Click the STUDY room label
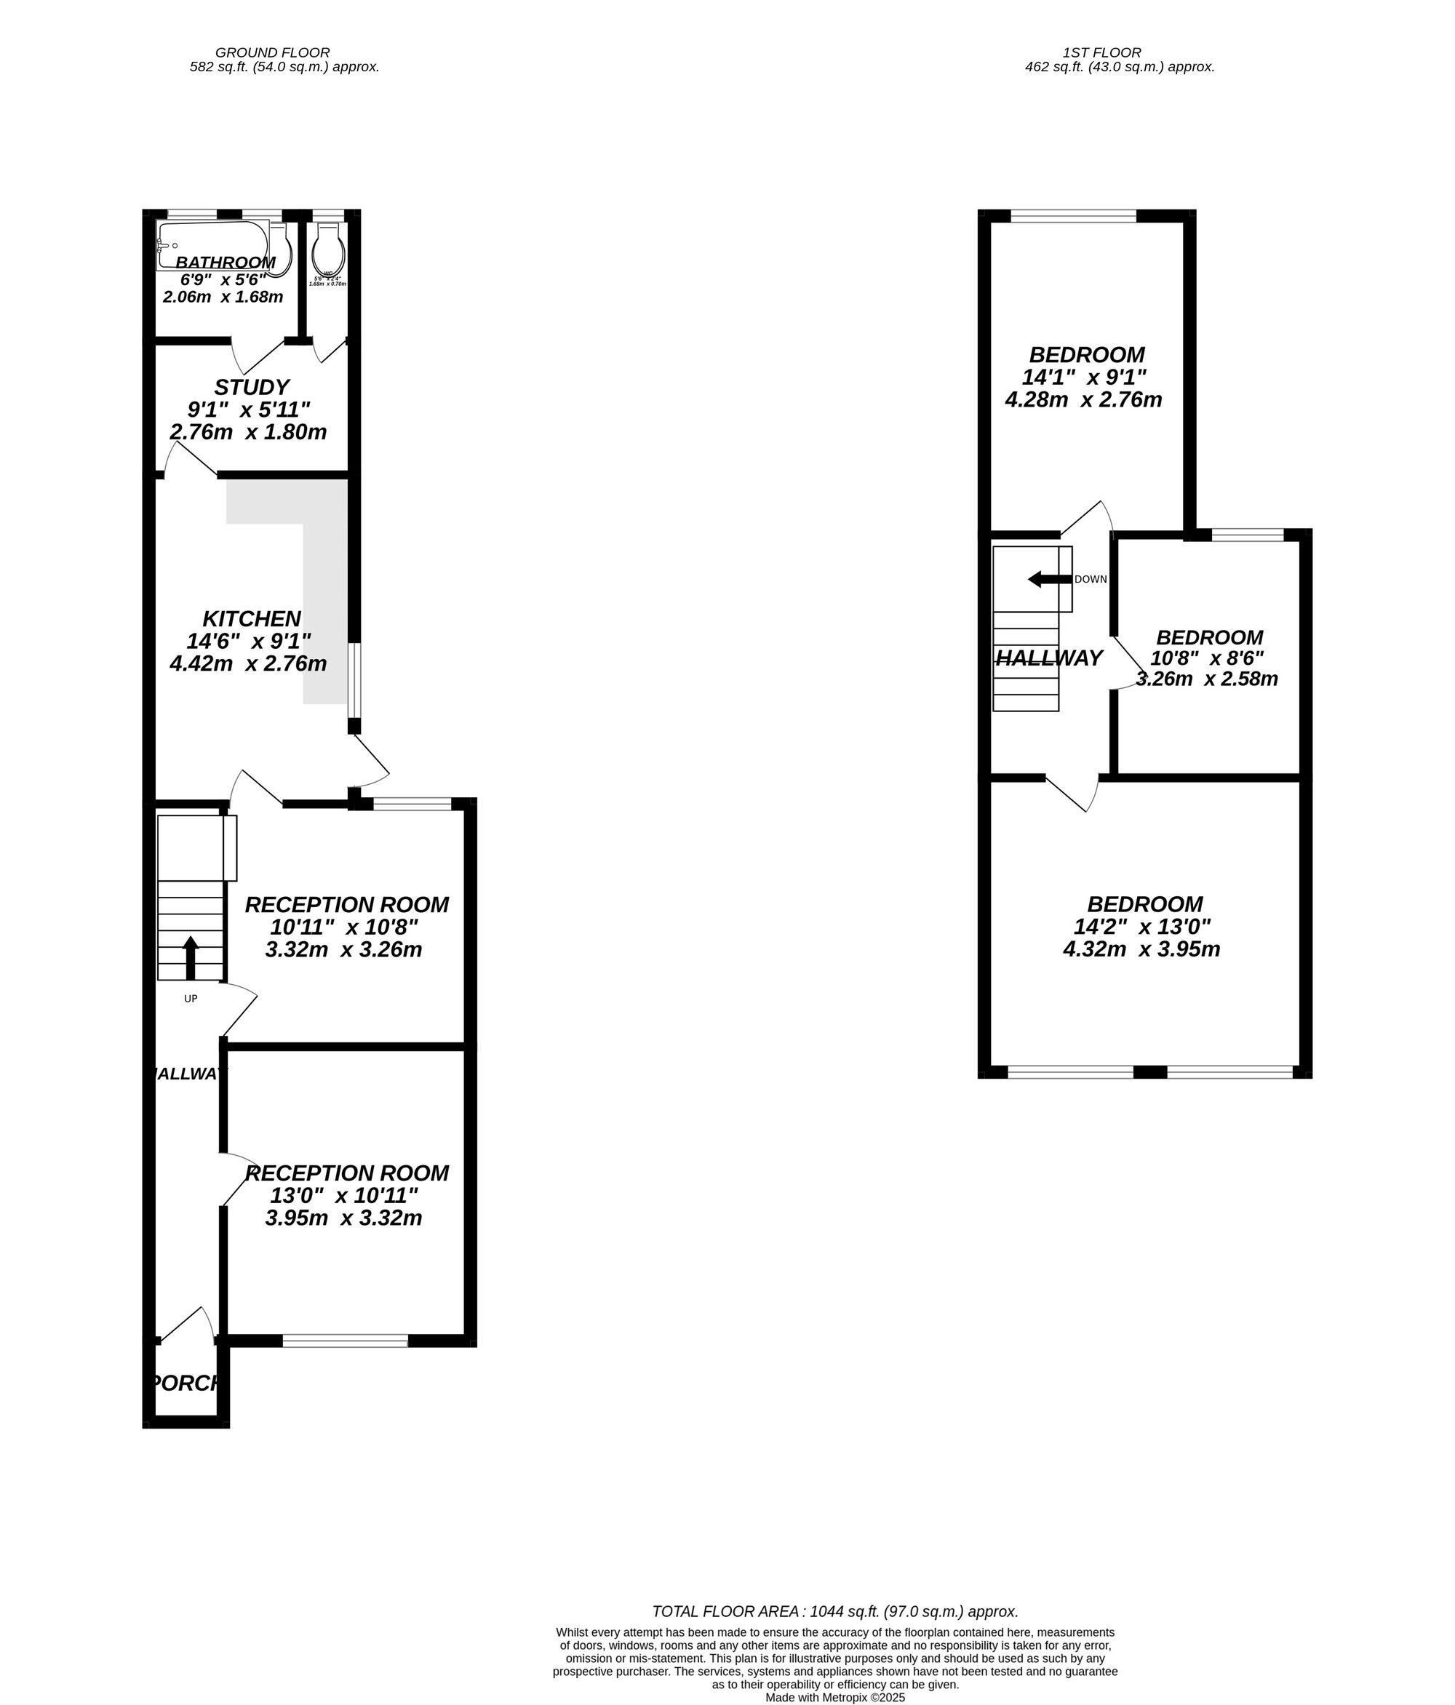pos(251,387)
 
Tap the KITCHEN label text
pos(251,619)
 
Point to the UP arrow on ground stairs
pos(190,957)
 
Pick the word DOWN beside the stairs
pos(1091,579)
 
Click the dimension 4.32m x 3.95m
pos(1141,949)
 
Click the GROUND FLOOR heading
pos(272,52)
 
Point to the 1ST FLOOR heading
pos(1101,52)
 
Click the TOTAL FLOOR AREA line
pos(834,1611)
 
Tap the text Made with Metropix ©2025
pos(834,1697)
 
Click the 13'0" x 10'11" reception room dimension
pos(344,1195)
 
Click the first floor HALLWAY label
pos(1048,658)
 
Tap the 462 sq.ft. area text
pos(1118,68)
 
